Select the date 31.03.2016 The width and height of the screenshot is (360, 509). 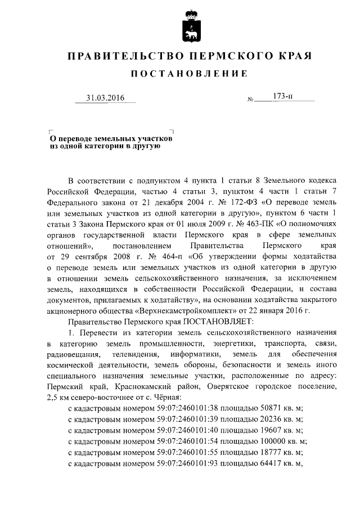coord(105,99)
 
